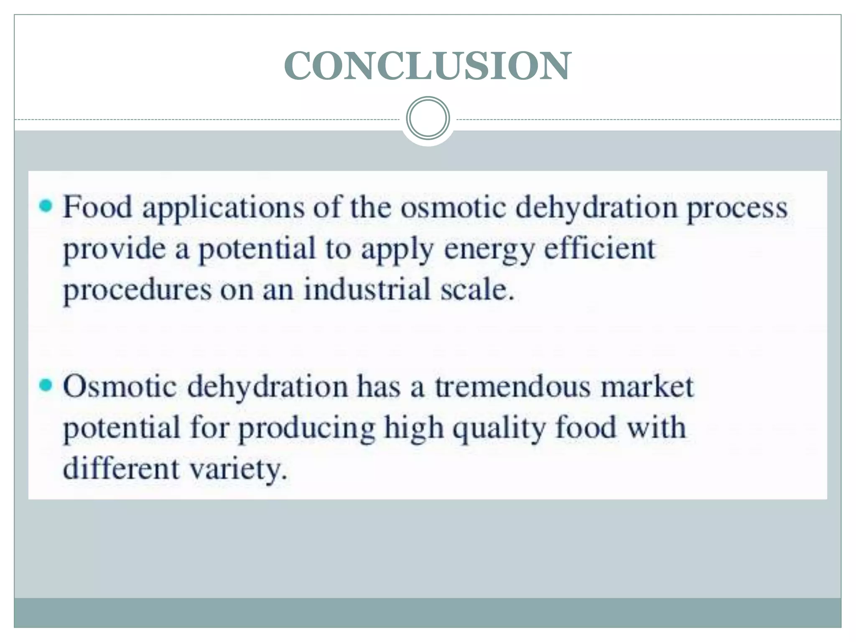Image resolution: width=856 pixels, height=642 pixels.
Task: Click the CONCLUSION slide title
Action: pyautogui.click(x=427, y=66)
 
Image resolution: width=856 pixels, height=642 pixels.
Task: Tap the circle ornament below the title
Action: pyautogui.click(x=428, y=118)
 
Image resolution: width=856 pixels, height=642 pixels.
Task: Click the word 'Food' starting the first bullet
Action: pyautogui.click(x=97, y=207)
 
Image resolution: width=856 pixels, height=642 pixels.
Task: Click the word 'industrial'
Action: pyautogui.click(x=367, y=289)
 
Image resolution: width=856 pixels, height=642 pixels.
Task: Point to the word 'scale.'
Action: pyautogui.click(x=477, y=289)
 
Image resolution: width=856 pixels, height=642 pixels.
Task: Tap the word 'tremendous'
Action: pyautogui.click(x=513, y=387)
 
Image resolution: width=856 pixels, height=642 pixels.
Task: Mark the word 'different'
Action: pyautogui.click(x=121, y=468)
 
